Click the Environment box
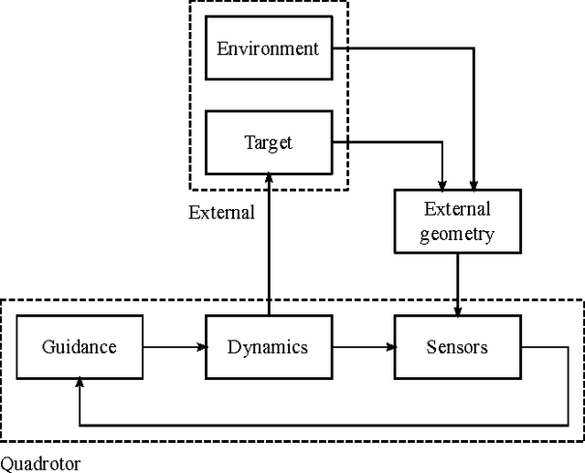tap(267, 47)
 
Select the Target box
tap(267, 142)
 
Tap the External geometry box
tap(457, 221)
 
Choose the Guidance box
tap(80, 347)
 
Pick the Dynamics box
tap(267, 347)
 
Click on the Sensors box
tap(457, 347)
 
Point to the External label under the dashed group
tap(221, 213)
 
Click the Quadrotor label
tap(40, 463)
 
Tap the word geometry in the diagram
tap(457, 234)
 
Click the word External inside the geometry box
tap(457, 209)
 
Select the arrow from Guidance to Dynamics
tap(174, 347)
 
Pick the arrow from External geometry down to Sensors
tap(457, 283)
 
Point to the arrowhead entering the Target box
tap(268, 179)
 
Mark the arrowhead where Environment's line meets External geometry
tap(473, 184)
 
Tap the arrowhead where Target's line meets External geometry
tap(442, 184)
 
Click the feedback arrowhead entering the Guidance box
tap(80, 384)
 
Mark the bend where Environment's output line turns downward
tap(473, 48)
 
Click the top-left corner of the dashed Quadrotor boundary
tap(2, 300)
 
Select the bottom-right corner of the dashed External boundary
tap(348, 189)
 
